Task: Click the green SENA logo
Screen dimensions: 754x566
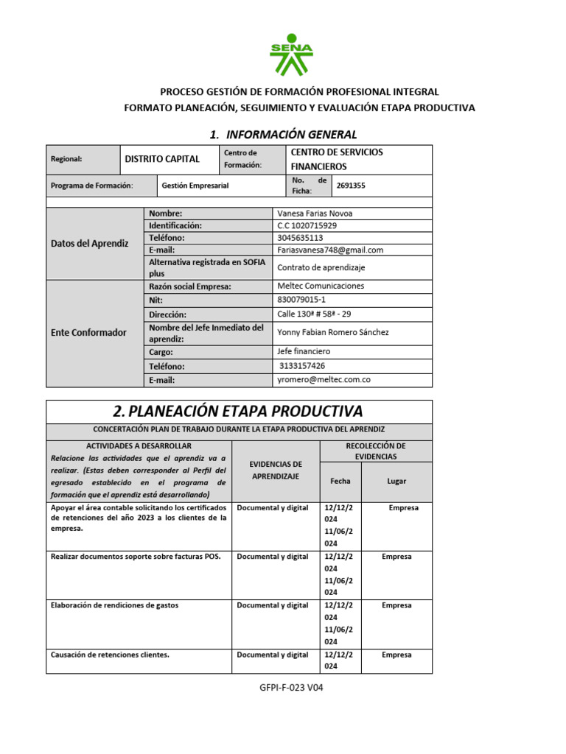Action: [292, 55]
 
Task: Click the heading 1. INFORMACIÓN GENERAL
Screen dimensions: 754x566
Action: [283, 134]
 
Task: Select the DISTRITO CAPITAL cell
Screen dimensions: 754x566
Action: [162, 159]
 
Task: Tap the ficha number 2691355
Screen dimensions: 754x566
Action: [350, 186]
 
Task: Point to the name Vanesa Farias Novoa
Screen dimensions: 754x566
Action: [315, 214]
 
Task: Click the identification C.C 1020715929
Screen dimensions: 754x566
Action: [307, 226]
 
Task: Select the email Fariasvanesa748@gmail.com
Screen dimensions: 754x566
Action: [330, 250]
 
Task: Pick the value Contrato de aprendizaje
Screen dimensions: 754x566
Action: [321, 268]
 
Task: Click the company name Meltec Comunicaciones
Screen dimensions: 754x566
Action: [320, 286]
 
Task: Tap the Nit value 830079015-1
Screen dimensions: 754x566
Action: [301, 300]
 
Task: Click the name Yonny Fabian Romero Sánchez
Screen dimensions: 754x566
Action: [332, 332]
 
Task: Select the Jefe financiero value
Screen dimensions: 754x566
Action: [304, 352]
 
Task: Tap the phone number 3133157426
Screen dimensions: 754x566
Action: [302, 366]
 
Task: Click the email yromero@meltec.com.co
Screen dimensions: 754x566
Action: [323, 380]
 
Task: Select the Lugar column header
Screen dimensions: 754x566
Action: [396, 481]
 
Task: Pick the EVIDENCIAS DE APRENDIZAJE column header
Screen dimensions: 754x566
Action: [276, 471]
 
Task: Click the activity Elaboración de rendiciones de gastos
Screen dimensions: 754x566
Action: [114, 605]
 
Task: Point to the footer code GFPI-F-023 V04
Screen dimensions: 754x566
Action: [292, 688]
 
